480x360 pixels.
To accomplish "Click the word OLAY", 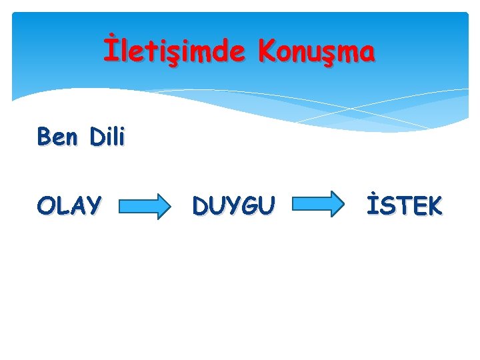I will (69, 206).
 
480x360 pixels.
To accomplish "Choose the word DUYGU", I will (233, 206).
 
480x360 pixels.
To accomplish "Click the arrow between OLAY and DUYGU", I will (144, 206).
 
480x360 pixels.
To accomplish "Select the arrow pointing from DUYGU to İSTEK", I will (316, 205).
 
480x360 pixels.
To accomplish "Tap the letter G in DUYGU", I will (250, 206).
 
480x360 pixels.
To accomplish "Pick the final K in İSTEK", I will (433, 206).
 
